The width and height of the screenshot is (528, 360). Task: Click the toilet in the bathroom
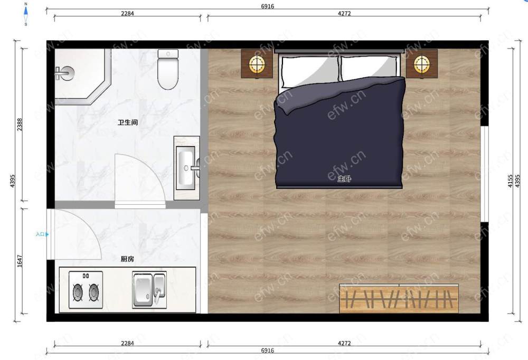(x=168, y=69)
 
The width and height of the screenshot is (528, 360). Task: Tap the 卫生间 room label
(x=128, y=122)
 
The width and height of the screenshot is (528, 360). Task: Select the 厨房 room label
(x=127, y=259)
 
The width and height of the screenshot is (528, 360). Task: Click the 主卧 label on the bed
(x=344, y=178)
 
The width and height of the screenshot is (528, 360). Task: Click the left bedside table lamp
(x=257, y=64)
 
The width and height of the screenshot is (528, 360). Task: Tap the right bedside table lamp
(x=421, y=64)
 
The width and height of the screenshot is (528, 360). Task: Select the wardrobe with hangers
(x=399, y=299)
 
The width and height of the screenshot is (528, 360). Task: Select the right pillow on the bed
(x=369, y=68)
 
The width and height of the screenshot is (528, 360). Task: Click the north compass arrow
(x=26, y=11)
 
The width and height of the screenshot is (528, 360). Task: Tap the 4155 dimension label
(x=511, y=181)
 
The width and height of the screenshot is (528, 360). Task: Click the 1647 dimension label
(x=20, y=261)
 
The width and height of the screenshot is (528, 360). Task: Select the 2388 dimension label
(x=20, y=125)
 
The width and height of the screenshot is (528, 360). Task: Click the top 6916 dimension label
(x=267, y=6)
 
